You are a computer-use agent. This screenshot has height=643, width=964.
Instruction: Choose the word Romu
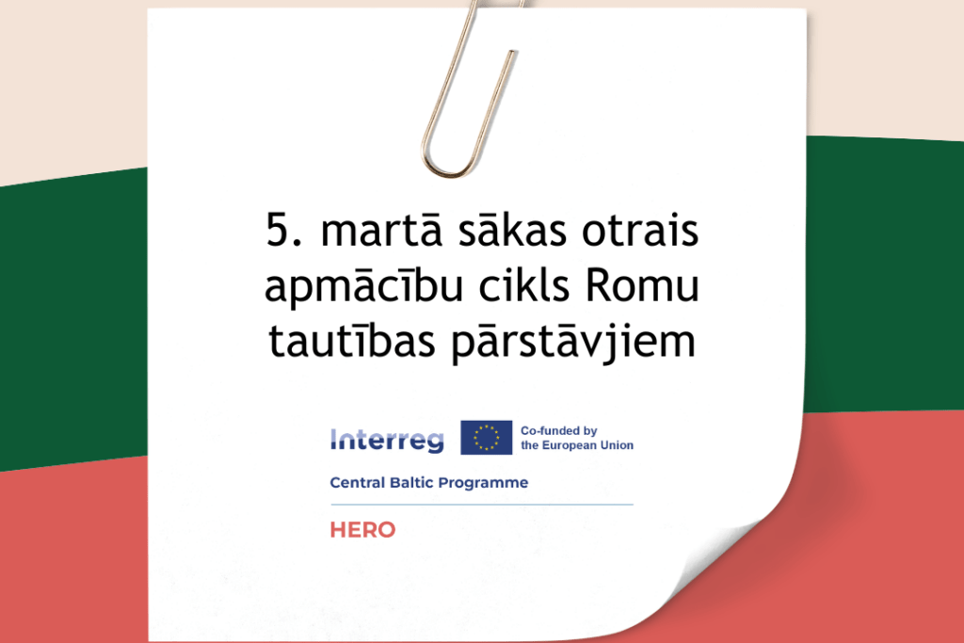643,286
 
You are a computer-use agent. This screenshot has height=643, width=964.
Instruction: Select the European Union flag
486,438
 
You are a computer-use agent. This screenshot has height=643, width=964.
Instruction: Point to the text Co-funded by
559,430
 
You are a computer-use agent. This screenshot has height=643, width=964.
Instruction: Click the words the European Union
576,445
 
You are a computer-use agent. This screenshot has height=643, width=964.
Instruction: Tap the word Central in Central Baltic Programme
357,483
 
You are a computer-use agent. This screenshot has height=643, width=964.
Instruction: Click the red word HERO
362,530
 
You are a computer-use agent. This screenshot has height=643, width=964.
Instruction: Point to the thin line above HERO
481,505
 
